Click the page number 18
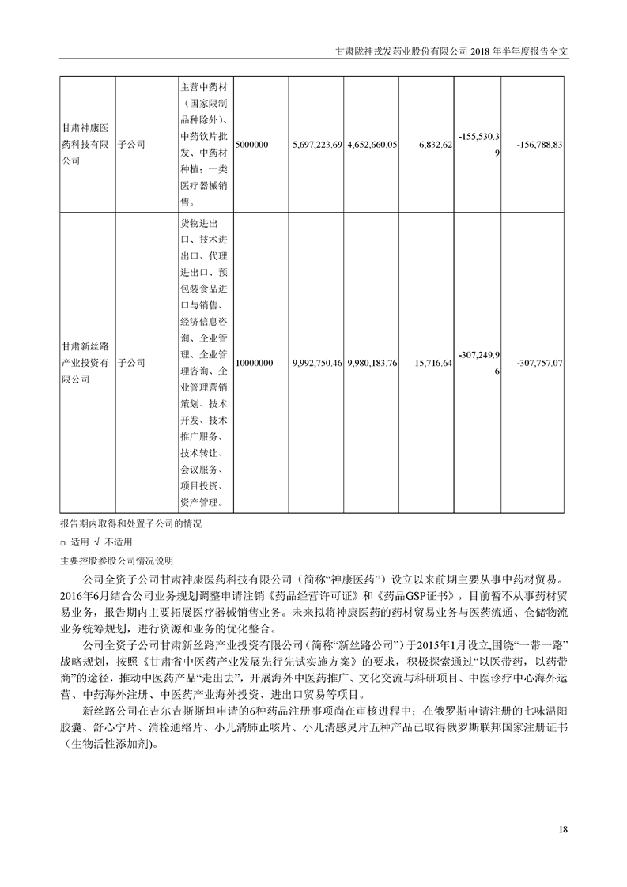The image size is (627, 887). pos(563,829)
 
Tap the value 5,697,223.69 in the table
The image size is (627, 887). pos(316,145)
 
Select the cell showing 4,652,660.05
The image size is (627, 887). pos(372,145)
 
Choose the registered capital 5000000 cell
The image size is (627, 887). pos(254,145)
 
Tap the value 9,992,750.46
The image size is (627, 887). pos(316,363)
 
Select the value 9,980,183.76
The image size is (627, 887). pos(372,363)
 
